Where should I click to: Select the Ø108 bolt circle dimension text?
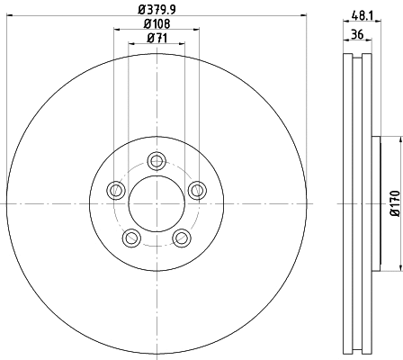tap(157, 22)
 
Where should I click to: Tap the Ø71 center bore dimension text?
tap(157, 38)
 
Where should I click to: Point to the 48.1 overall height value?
tap(363, 15)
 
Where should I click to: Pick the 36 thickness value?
tap(357, 35)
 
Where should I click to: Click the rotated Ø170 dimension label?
tap(393, 204)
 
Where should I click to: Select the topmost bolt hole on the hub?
tap(157, 161)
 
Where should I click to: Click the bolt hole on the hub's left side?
tap(116, 190)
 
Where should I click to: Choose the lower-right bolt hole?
tap(182, 238)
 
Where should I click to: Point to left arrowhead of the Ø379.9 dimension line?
tap(8, 15)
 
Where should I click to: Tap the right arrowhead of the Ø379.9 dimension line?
tap(304, 15)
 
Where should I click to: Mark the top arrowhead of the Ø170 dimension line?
tap(397, 139)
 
